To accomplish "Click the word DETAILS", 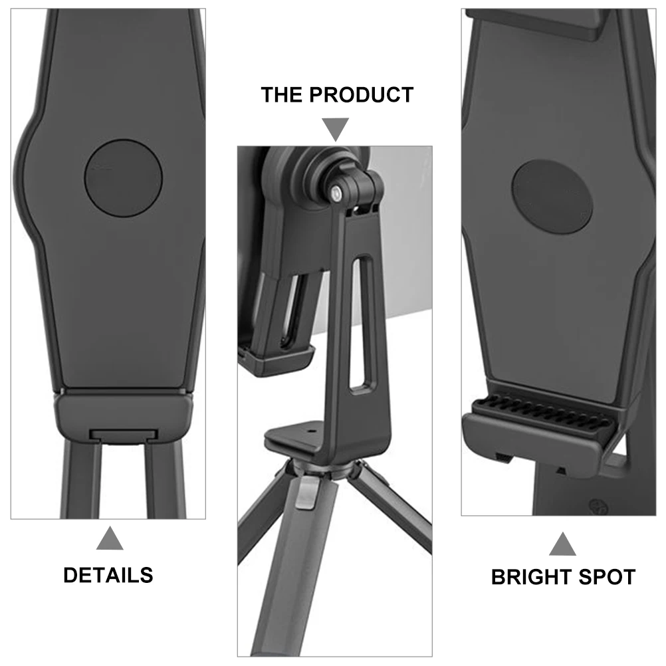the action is point(108,575).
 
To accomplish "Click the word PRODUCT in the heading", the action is point(361,95).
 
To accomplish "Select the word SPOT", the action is point(608,577).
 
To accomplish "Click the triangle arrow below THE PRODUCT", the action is point(336,129).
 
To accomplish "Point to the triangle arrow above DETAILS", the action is point(110,538).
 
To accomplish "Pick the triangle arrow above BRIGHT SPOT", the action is point(562,544).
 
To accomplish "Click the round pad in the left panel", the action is point(123,178).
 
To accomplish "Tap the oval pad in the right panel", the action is point(552,197).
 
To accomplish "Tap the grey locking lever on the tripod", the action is point(304,493).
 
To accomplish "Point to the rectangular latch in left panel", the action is point(123,435).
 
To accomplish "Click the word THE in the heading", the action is point(281,95).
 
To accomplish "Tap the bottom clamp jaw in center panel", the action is point(276,360).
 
